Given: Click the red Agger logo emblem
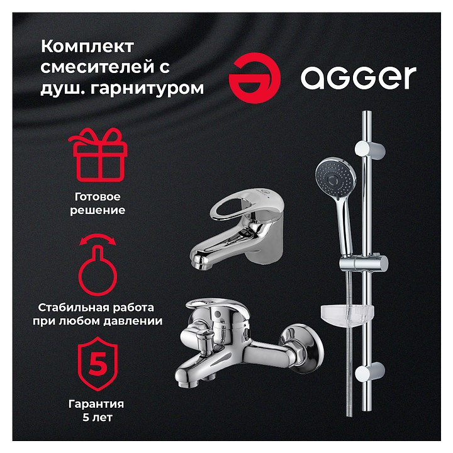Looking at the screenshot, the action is (255, 78).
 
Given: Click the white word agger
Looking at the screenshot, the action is (358, 77).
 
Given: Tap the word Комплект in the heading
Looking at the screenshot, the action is (87, 46).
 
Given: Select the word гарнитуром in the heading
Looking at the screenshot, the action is (147, 88).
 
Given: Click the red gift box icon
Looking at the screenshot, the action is (98, 155).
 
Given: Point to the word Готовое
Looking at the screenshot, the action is (98, 197).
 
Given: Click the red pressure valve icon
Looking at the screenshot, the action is (98, 264).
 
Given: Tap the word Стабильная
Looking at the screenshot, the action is (72, 308).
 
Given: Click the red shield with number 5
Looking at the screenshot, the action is (98, 364).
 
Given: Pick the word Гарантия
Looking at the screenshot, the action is (96, 404).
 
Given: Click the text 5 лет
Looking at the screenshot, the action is (98, 417).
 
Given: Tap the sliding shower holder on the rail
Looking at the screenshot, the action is (364, 264).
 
